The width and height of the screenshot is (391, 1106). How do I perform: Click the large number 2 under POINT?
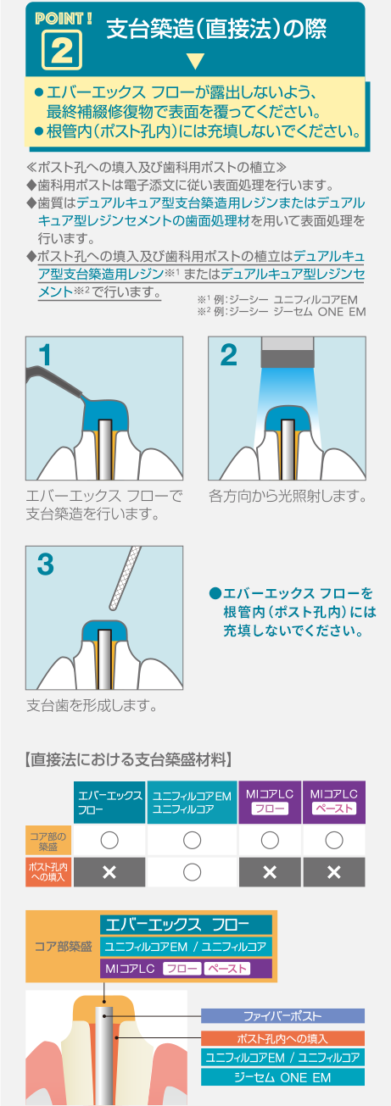point(62,50)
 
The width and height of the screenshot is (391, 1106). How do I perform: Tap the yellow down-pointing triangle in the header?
point(196,61)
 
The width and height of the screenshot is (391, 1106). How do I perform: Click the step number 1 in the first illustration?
point(45,355)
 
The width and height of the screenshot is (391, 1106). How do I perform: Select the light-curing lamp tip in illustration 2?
point(288,351)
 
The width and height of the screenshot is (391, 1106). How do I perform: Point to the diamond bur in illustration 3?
point(124,577)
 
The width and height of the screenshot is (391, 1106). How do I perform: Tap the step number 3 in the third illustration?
point(46,564)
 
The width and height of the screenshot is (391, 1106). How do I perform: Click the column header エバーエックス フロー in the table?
point(109,803)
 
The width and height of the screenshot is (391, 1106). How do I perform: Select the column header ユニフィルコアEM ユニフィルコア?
point(192,803)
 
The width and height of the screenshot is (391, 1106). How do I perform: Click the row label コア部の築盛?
point(48,842)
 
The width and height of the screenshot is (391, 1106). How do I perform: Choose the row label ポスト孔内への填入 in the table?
point(48,872)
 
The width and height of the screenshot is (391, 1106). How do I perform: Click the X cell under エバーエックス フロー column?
point(109,872)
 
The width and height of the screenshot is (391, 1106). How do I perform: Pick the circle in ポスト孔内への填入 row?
point(192,872)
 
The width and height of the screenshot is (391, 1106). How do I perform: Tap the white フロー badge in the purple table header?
point(270,809)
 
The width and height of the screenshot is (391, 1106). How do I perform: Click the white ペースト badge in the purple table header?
point(334,809)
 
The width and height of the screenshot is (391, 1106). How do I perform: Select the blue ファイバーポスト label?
point(282,1015)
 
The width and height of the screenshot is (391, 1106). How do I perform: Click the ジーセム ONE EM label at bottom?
point(282,1077)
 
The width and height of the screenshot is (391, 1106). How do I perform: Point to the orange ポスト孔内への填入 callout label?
point(282,1038)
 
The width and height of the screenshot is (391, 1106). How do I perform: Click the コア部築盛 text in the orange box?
point(64,946)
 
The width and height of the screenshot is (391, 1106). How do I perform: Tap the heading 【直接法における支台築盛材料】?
point(128,759)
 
